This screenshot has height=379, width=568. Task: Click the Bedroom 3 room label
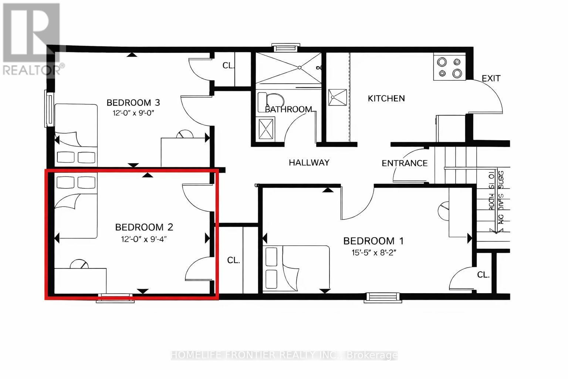coord(133,103)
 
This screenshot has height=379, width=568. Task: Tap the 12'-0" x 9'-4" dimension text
coord(144,239)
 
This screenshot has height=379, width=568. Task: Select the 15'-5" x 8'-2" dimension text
coord(373,253)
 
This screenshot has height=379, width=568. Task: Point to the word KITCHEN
coord(386,98)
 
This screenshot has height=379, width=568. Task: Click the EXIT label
coord(491,78)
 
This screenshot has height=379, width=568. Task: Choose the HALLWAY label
coord(309,162)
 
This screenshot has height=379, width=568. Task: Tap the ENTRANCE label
coord(405,163)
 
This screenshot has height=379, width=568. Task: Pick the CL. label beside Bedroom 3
coord(229,66)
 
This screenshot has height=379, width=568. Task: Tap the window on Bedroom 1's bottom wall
coord(382,297)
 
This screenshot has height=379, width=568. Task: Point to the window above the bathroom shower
coord(286,47)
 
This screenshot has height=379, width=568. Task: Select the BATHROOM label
coord(288,110)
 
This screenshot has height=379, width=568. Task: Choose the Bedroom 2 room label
coord(144,227)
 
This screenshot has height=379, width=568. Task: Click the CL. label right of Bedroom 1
coord(483,275)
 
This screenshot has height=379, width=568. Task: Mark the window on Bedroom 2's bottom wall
coord(115,298)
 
